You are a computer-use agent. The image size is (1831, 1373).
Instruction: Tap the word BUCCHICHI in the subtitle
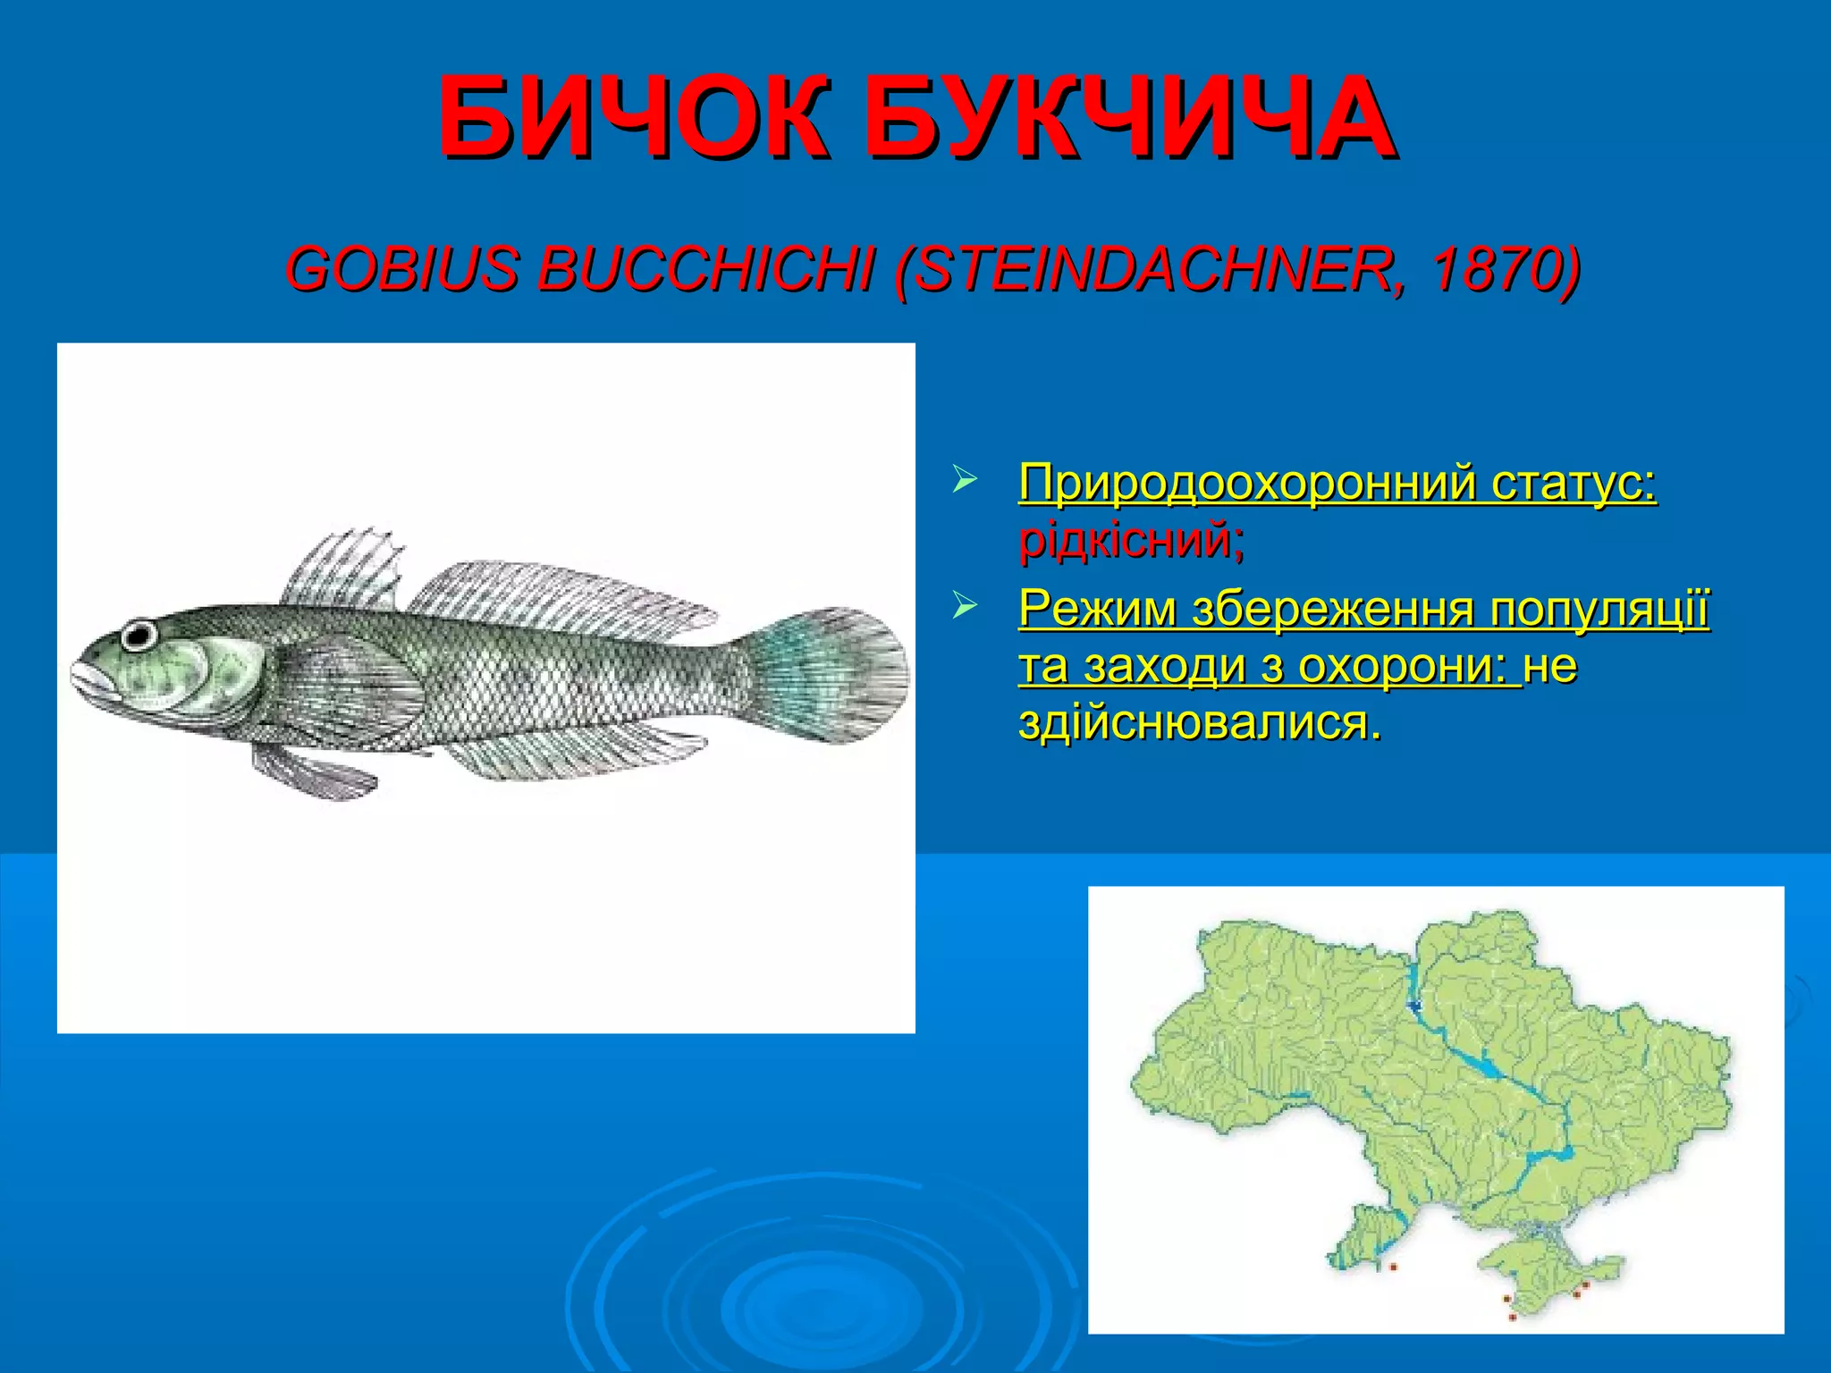click(705, 269)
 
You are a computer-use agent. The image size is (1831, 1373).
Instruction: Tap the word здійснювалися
click(1199, 722)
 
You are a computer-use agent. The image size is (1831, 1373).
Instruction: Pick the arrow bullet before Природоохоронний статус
click(964, 478)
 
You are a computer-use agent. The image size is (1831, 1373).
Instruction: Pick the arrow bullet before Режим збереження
click(964, 606)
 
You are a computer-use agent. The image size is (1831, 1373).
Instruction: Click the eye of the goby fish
click(139, 636)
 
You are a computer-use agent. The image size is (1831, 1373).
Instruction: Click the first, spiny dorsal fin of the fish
click(343, 569)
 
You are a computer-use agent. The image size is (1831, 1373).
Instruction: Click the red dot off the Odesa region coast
click(1393, 1267)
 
